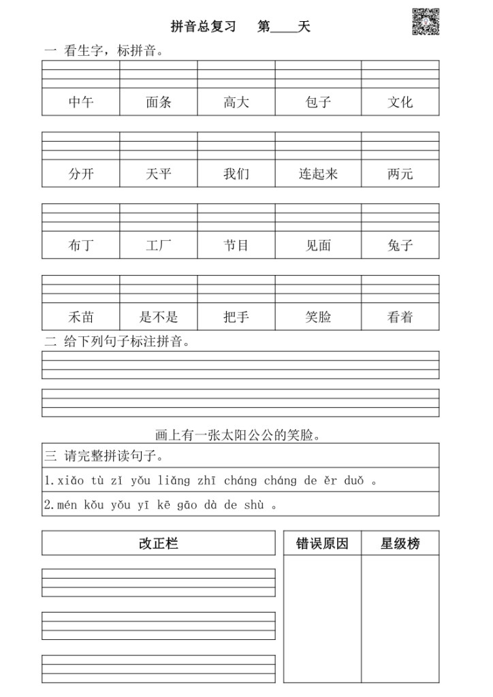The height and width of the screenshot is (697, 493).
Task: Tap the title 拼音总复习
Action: (203, 27)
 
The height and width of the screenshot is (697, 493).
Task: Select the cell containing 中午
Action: (81, 103)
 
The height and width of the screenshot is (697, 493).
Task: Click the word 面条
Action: (159, 103)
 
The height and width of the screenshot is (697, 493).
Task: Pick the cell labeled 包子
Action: (318, 103)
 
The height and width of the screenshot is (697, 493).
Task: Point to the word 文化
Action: (400, 103)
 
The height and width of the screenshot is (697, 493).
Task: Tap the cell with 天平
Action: (159, 174)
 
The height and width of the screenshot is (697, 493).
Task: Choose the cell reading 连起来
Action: (318, 174)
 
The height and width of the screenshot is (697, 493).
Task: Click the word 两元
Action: (400, 174)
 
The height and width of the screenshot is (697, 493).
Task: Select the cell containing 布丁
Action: (81, 246)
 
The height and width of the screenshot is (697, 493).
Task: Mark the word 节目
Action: (236, 246)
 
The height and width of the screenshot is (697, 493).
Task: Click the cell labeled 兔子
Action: (400, 246)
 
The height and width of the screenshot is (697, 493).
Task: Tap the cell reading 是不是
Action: (159, 317)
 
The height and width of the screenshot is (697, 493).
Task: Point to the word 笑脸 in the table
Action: (318, 317)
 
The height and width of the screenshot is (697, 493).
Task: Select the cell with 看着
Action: (400, 317)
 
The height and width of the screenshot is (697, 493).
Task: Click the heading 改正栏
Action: (159, 543)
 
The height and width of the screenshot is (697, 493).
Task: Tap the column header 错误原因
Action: (322, 543)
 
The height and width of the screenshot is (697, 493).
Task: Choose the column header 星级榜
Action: (400, 543)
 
